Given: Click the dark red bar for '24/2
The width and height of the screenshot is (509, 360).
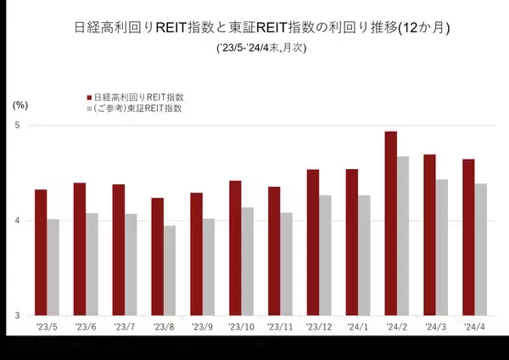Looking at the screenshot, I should (391, 224).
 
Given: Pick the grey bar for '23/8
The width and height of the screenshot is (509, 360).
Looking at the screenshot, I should (170, 271).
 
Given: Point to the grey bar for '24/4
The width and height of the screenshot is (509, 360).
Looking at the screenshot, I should (481, 250).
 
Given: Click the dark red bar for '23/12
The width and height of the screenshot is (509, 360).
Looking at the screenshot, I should (313, 243).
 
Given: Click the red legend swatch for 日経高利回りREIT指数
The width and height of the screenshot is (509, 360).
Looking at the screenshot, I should (91, 97).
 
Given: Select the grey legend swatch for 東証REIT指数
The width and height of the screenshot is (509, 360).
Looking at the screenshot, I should (91, 109).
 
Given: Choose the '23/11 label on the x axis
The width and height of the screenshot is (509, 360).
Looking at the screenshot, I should (280, 328).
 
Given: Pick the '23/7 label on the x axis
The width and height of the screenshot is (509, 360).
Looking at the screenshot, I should (125, 328).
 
